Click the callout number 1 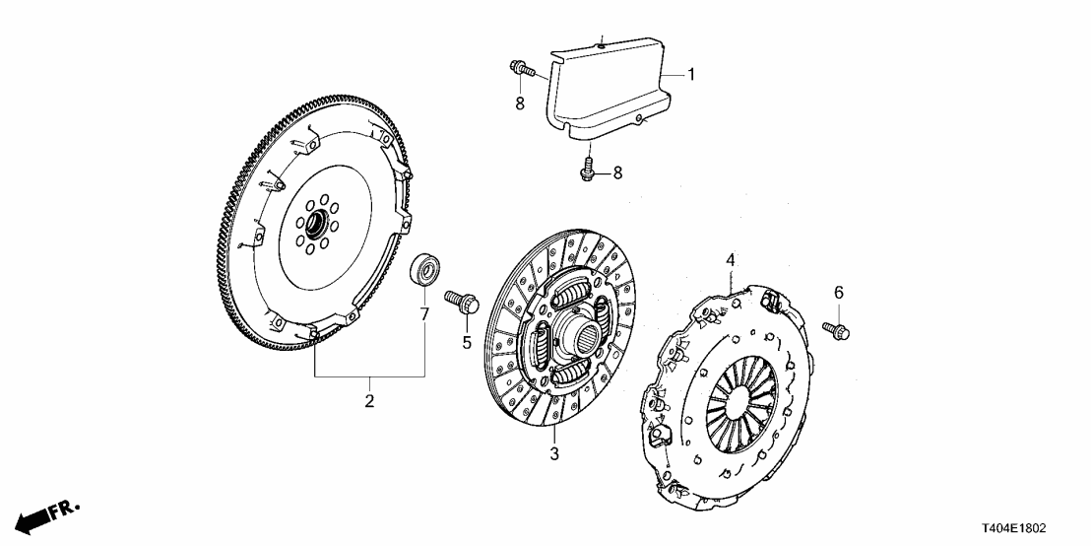[691, 74]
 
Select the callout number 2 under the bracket [369, 401]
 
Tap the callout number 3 [554, 453]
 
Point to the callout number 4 [731, 260]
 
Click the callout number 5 [468, 342]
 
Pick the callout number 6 [839, 292]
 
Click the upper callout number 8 [520, 102]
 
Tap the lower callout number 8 [617, 172]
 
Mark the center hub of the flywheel [315, 227]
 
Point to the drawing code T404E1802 [1043, 530]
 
